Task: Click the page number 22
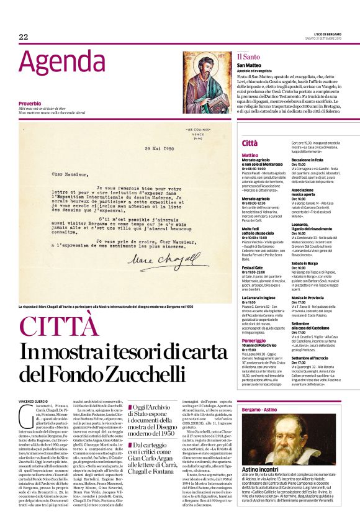click(x=24, y=37)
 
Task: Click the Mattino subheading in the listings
click(x=250, y=155)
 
